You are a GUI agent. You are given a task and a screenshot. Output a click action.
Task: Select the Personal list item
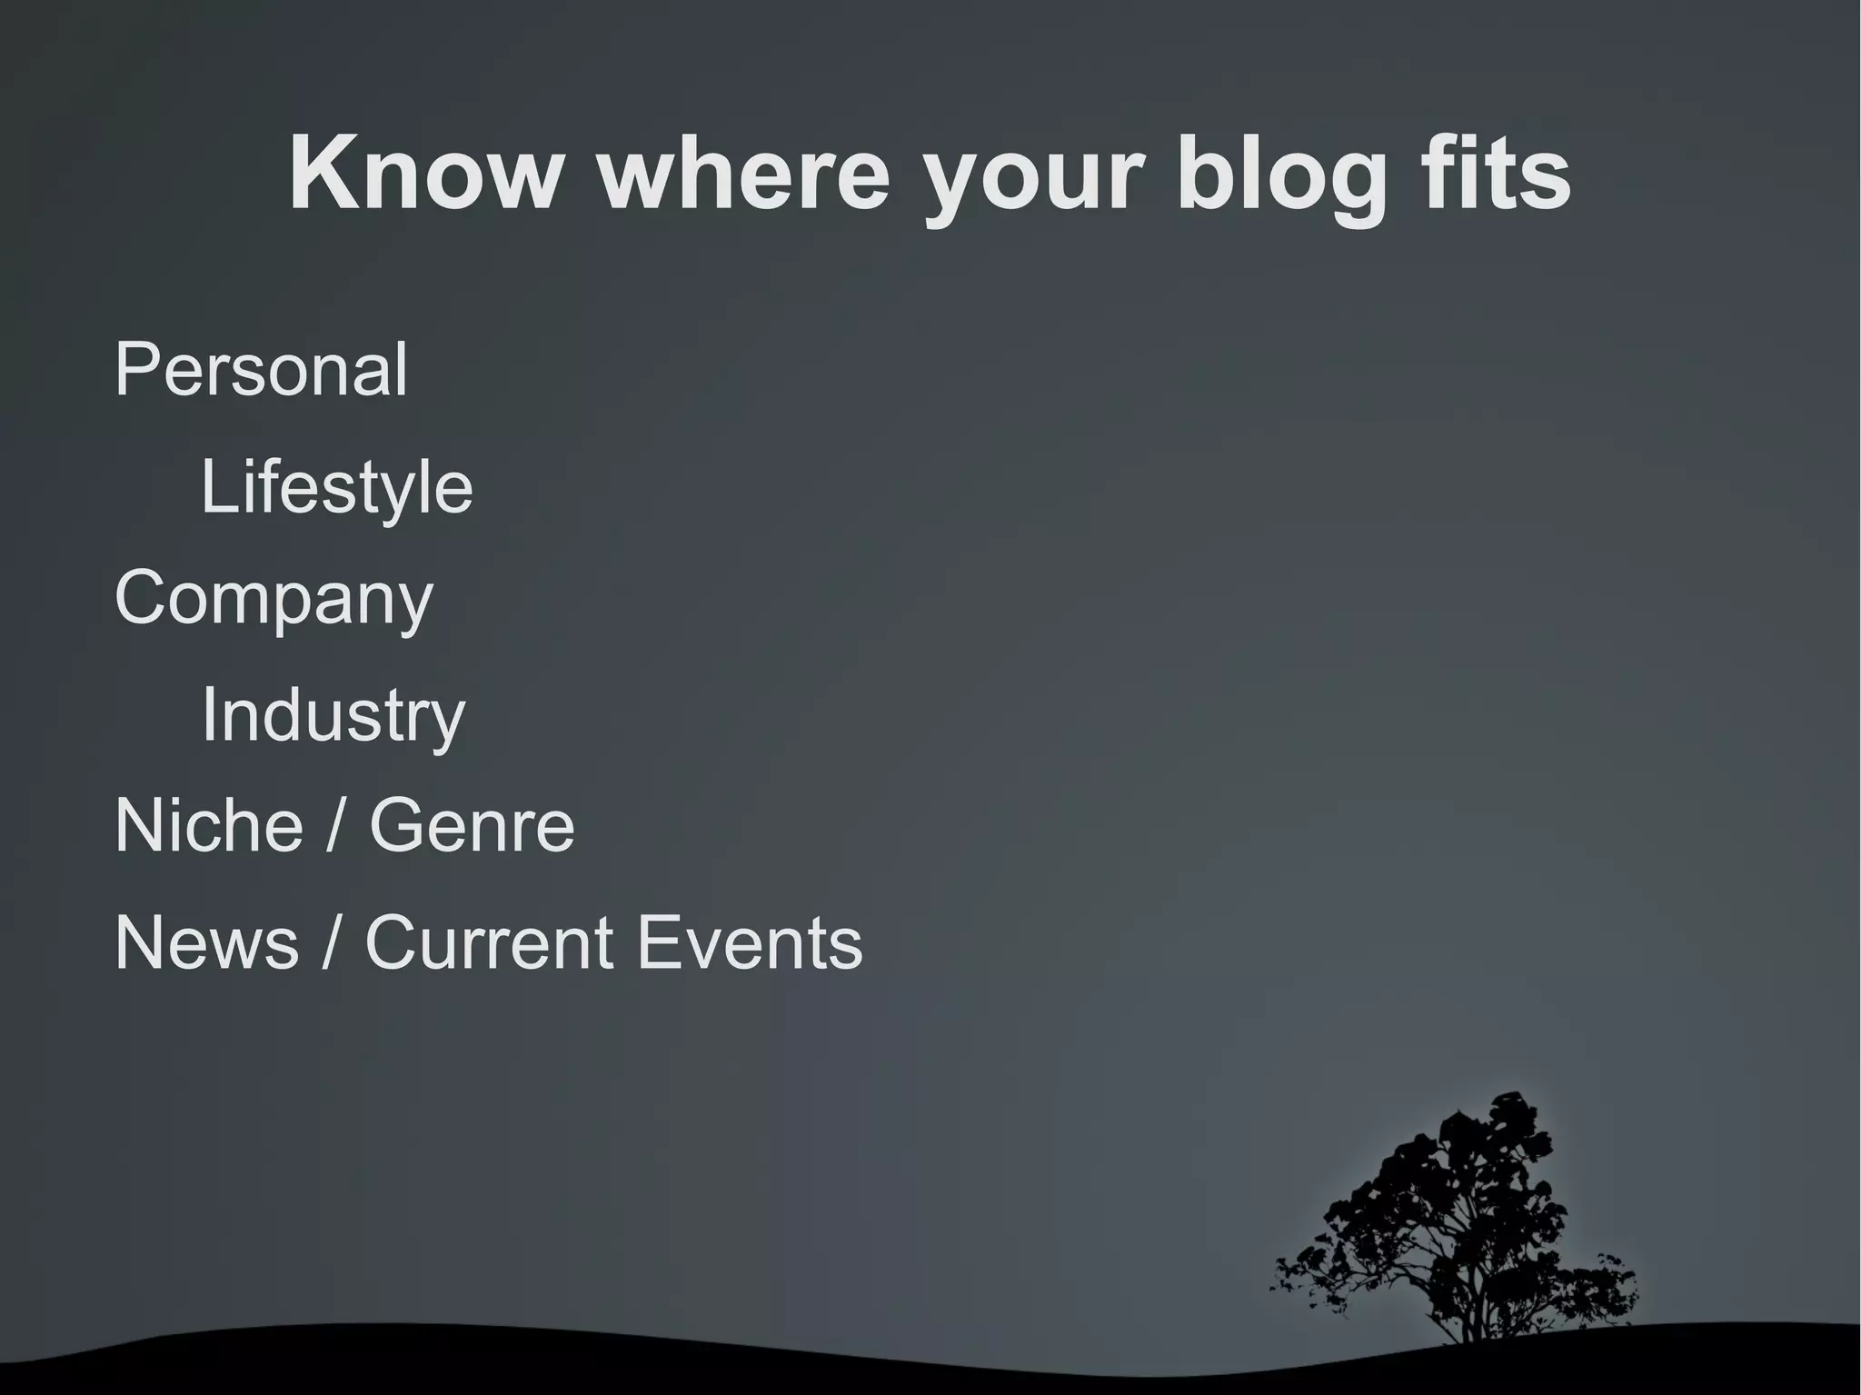(261, 370)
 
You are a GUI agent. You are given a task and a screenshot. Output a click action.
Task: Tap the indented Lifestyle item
(336, 487)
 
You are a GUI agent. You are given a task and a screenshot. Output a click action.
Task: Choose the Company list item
(274, 600)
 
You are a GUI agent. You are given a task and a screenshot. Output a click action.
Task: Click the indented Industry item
(333, 715)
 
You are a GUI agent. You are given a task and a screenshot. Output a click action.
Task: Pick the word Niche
(208, 825)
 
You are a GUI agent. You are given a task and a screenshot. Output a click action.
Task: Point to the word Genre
(472, 825)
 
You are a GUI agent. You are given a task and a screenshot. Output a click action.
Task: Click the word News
(206, 942)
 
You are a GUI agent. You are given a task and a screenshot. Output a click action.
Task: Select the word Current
(489, 942)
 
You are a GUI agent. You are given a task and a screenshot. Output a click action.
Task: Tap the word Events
(750, 942)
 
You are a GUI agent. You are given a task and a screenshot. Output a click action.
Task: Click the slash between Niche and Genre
(336, 825)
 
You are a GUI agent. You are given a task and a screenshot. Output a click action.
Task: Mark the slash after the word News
(332, 942)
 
